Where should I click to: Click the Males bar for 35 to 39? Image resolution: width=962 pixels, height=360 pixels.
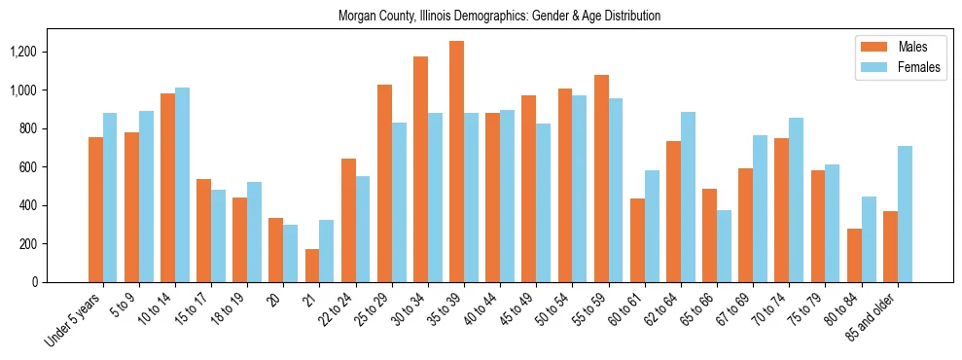pyautogui.click(x=456, y=162)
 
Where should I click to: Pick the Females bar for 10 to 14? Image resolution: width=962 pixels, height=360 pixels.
pyautogui.click(x=182, y=185)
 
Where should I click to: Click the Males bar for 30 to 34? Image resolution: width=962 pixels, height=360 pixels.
pyautogui.click(x=420, y=169)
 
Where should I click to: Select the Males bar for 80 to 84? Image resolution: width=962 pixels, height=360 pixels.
pyautogui.click(x=854, y=255)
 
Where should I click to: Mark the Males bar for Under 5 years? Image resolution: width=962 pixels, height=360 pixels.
pyautogui.click(x=95, y=209)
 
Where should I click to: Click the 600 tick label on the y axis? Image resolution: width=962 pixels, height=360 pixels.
pyautogui.click(x=39, y=167)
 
